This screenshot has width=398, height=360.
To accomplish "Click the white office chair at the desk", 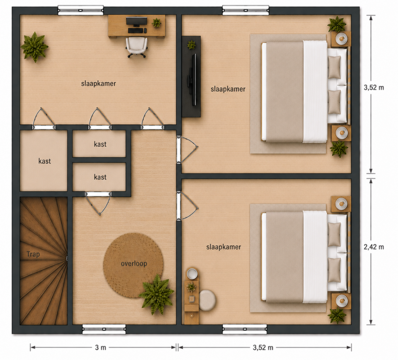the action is pyautogui.click(x=136, y=47).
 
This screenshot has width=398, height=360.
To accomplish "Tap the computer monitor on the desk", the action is pyautogui.click(x=136, y=21).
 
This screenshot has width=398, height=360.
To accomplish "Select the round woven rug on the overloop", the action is pyautogui.click(x=133, y=265).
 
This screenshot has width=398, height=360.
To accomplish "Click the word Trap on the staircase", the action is pyautogui.click(x=33, y=254).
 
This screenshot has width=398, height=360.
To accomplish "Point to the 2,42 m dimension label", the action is pyautogui.click(x=374, y=247).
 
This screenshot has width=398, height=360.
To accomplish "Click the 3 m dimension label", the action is pyautogui.click(x=100, y=347).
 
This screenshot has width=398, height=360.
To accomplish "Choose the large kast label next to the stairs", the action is pyautogui.click(x=45, y=161).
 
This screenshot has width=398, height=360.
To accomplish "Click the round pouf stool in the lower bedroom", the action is pyautogui.click(x=207, y=300).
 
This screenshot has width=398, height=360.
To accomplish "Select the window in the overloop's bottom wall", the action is pyautogui.click(x=104, y=329).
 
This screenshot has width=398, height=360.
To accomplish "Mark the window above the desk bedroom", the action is pyautogui.click(x=80, y=10).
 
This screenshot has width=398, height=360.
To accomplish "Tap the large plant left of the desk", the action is pyautogui.click(x=35, y=47).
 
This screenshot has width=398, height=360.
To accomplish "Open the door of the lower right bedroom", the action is pyautogui.click(x=188, y=206).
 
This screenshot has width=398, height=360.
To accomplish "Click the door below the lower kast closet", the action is pyautogui.click(x=98, y=203).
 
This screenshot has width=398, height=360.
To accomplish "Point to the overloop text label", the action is pyautogui.click(x=134, y=263).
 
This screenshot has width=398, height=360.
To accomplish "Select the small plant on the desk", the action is pyautogui.click(x=156, y=23).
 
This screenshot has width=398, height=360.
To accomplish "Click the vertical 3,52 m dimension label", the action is pyautogui.click(x=374, y=88).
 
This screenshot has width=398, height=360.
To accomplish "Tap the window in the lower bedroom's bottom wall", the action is pyautogui.click(x=245, y=329).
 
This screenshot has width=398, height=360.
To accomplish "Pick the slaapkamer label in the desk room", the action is pyautogui.click(x=98, y=84).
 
